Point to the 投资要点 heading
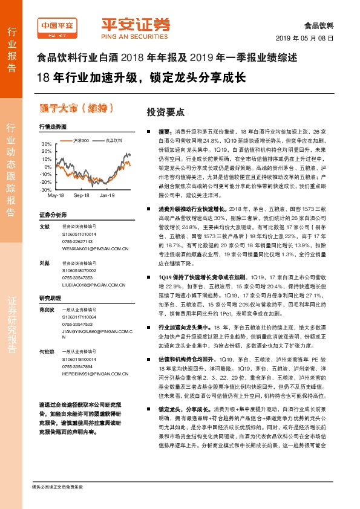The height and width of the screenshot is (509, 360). [162, 112]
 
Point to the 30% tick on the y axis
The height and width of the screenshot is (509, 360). [47, 144]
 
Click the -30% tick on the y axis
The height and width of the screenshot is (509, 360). [45, 189]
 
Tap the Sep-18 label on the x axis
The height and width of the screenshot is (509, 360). [81, 196]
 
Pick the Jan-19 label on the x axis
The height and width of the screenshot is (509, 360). [107, 196]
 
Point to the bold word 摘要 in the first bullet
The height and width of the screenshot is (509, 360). [165, 131]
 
